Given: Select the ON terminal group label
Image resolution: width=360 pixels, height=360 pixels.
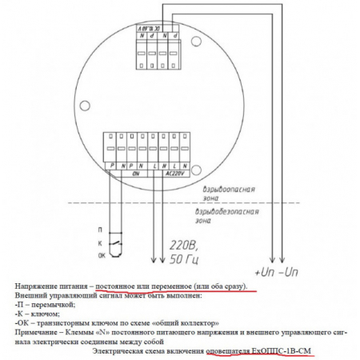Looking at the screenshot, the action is point(135,172).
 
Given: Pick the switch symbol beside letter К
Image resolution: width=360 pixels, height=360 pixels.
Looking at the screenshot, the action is point(118,242).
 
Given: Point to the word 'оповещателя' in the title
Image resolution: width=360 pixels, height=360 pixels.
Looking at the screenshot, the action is point(227,350).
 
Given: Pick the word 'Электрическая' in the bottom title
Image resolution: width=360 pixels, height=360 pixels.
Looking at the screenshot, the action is point(118,350).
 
